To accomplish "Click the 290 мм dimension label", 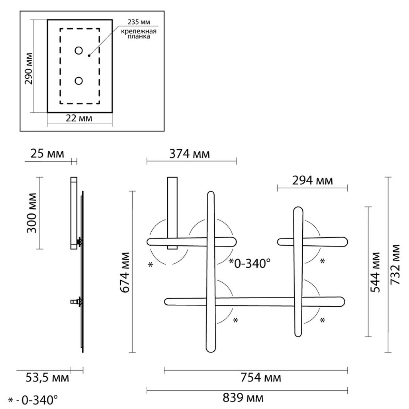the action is tap(29, 69).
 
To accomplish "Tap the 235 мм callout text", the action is tap(139, 22).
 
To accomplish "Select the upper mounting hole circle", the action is tap(79, 51).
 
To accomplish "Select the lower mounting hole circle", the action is tap(79, 81).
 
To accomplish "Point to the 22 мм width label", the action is tap(79, 118).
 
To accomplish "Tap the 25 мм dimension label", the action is tap(47, 153).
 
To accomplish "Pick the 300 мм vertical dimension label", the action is tap(32, 213).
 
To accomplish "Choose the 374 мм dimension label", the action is tap(190, 154).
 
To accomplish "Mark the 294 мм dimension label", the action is tap(313, 181).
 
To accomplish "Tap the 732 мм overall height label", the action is tap(395, 264).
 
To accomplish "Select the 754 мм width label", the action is tap(261, 378).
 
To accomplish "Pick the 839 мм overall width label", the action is tap(243, 398).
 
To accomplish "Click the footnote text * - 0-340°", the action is tap(33, 400).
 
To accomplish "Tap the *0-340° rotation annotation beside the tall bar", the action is tap(250, 263).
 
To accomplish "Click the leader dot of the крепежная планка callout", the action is tap(89, 56).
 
